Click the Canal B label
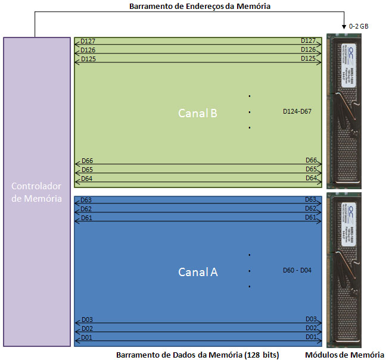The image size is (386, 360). [x=198, y=112]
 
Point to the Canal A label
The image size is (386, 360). [x=198, y=272]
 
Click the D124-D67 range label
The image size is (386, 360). [x=297, y=112]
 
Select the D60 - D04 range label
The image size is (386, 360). [x=297, y=270]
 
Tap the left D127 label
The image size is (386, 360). [x=88, y=41]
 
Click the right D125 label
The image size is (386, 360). [x=308, y=58]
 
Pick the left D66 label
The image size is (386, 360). [x=87, y=161]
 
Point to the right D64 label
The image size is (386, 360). [x=311, y=178]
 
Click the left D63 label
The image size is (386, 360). [x=87, y=200]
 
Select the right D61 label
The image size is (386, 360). [x=311, y=217]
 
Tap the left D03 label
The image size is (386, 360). [x=87, y=320]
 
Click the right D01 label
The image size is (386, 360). [x=311, y=337]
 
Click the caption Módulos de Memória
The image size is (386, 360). [x=345, y=355]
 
